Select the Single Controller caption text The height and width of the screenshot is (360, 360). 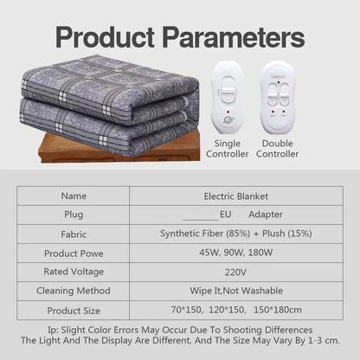(228, 148)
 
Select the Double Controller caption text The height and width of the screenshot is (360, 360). (280, 148)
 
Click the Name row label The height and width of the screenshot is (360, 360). (74, 196)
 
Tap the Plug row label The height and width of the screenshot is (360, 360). (74, 214)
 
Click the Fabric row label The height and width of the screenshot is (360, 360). (74, 233)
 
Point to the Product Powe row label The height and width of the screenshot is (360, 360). (74, 253)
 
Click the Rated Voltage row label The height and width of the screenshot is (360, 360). (74, 272)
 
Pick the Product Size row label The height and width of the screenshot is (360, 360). (74, 310)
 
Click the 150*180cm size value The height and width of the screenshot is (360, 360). (280, 310)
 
